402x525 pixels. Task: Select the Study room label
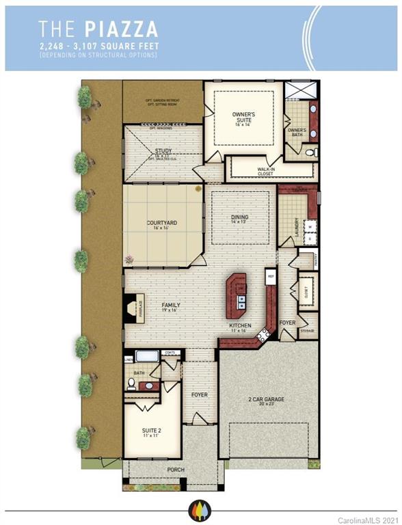coord(163,151)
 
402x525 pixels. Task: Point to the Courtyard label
coord(162,223)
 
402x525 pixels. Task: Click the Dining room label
coord(239,218)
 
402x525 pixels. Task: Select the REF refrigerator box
coord(271,277)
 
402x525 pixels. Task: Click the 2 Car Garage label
coord(267,400)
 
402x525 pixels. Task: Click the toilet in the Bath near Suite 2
coord(131,383)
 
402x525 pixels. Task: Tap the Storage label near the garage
coord(307,331)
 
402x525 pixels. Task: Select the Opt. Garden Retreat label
coord(162,100)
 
